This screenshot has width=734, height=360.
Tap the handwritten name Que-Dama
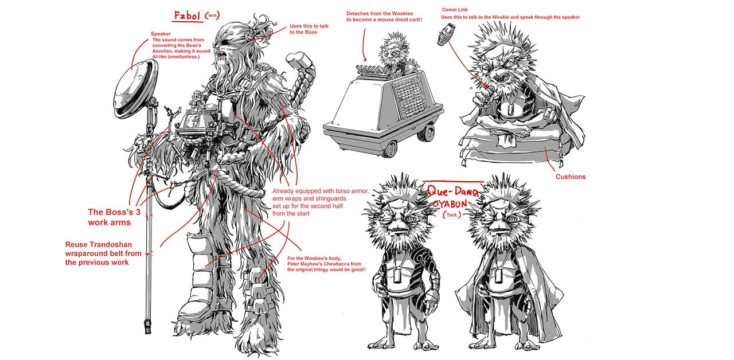coord(453,191)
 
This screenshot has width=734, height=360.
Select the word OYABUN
coord(450,204)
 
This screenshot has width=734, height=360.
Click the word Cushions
coord(570,177)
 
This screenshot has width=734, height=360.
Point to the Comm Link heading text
coord(455,10)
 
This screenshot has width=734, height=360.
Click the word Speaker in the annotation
coord(161,34)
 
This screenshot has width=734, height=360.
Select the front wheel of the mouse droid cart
coord(390,147)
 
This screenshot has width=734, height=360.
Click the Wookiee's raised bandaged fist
coord(298,61)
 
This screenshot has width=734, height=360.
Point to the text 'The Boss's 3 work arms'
coord(114,217)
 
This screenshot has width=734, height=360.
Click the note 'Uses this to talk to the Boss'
coord(309,29)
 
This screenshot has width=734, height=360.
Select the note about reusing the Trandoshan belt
coord(103,253)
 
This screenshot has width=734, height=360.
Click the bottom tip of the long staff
coord(148,332)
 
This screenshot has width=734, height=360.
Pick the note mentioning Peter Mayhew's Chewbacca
coord(326,264)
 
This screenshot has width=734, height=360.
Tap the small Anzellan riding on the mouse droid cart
coord(394,52)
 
